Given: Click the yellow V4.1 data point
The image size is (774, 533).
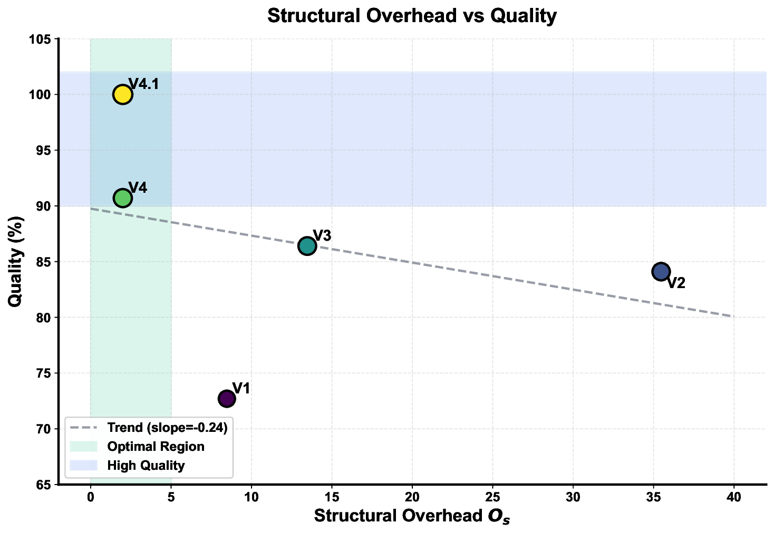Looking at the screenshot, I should click(x=122, y=95).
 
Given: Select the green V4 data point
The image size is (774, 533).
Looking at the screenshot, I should click(x=122, y=198).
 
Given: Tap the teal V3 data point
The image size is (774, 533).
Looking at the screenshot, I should click(x=307, y=246).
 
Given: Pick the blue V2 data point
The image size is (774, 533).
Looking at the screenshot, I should click(x=661, y=272).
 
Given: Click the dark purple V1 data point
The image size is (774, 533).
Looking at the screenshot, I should click(x=227, y=399).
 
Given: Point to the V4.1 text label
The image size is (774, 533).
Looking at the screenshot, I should click(x=144, y=84).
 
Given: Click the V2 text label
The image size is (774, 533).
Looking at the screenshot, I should click(x=676, y=283).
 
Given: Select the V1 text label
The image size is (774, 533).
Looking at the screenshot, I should click(x=241, y=389).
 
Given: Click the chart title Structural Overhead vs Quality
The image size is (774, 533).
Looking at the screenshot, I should click(x=412, y=16).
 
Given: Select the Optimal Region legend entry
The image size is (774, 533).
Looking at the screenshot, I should click(x=156, y=447).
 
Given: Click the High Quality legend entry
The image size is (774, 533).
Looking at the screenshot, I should click(x=146, y=466).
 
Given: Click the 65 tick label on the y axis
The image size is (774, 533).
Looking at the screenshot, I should click(x=44, y=485).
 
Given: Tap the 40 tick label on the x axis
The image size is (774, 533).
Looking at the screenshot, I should click(x=734, y=497).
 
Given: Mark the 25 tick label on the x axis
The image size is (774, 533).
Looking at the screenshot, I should click(x=492, y=497).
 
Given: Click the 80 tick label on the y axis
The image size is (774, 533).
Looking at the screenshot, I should click(x=44, y=318).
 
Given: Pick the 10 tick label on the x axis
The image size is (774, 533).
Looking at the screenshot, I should click(x=251, y=497).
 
